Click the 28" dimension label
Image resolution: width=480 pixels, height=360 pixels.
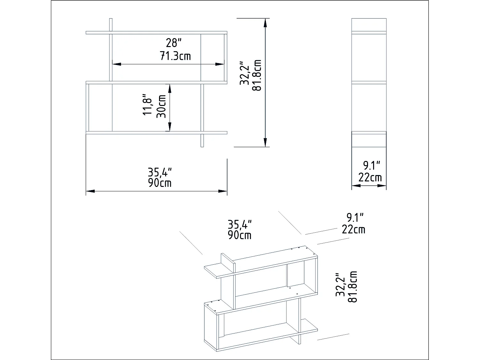174,43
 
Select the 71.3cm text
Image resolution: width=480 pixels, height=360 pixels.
175,56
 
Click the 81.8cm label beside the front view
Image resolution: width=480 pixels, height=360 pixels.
257,75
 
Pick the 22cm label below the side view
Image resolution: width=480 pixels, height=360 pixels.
370,177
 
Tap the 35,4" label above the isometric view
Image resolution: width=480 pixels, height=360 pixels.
240,224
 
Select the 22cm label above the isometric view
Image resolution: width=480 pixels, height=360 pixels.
353,229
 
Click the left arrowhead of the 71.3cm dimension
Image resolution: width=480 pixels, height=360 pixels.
116,64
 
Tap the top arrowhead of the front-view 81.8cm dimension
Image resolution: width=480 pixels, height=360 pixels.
265,23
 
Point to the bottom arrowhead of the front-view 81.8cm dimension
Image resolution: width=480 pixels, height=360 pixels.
265,142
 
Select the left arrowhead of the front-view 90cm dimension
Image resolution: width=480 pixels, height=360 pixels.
91,191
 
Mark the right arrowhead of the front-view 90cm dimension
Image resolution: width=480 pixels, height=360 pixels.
223,191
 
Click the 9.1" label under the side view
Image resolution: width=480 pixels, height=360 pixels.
372,166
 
